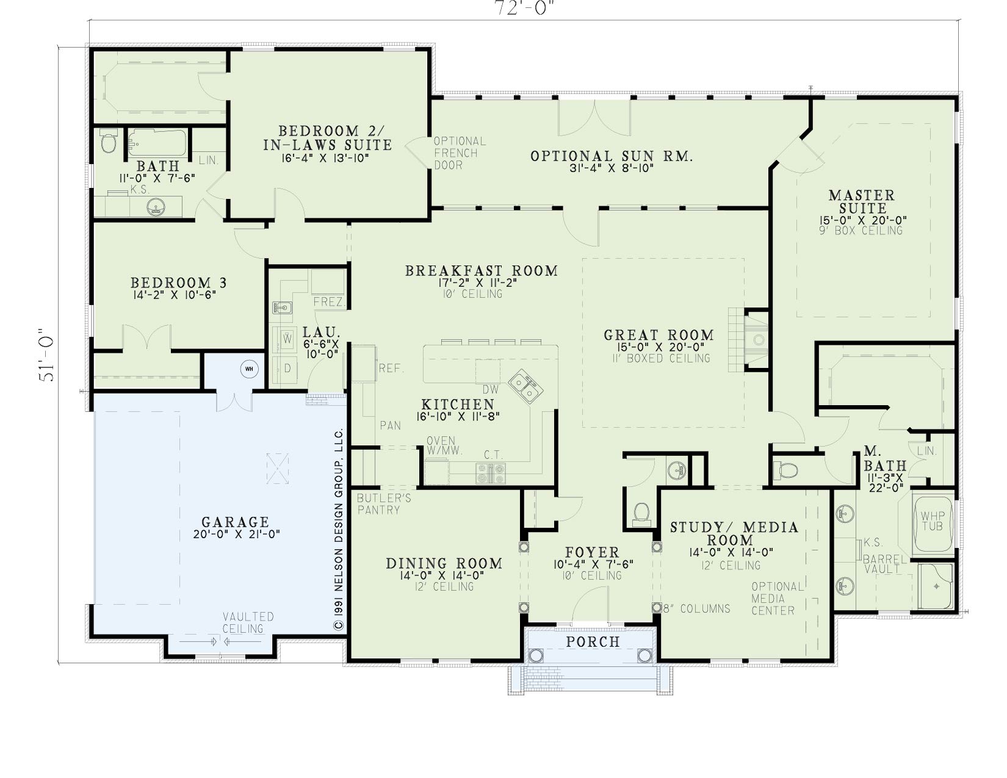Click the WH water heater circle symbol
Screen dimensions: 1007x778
tap(250, 369)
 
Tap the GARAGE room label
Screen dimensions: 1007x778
tap(235, 522)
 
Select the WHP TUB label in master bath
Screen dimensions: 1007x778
tap(933, 521)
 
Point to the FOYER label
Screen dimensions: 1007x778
tap(592, 552)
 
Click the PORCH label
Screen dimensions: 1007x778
tap(593, 642)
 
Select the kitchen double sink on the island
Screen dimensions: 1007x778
tap(526, 386)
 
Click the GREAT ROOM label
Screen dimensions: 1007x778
tap(659, 334)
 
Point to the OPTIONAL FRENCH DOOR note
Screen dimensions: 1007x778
tap(459, 153)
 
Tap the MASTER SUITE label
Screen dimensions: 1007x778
tap(862, 201)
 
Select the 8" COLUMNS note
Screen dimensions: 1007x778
tap(696, 608)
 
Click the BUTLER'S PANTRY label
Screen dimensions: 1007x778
tap(384, 504)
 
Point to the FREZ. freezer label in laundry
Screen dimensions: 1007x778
tap(328, 302)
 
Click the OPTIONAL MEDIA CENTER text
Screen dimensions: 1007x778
tap(777, 599)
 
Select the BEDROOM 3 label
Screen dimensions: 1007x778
tap(178, 283)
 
